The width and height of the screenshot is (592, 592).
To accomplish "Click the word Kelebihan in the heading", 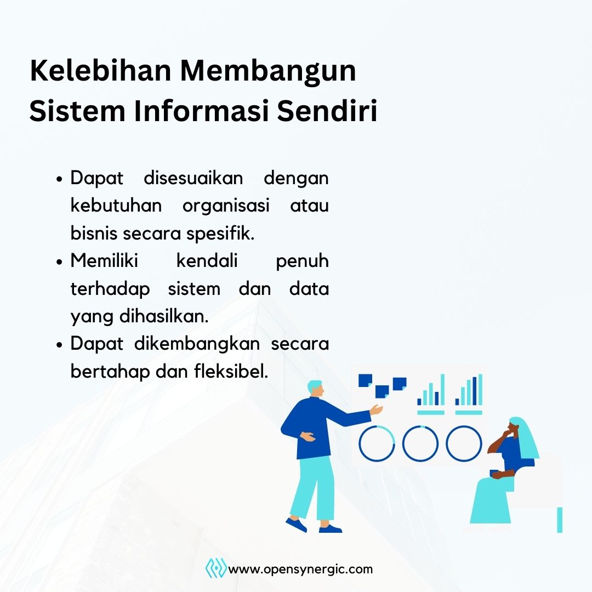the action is point(100,71).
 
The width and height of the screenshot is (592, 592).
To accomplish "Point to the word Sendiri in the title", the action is point(327,111).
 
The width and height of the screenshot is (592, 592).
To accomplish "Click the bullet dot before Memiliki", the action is point(59,261).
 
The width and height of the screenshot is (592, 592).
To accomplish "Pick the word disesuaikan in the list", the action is point(193,178).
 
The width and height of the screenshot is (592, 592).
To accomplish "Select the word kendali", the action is point(207,261).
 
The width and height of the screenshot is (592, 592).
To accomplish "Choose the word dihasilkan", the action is point(164,316).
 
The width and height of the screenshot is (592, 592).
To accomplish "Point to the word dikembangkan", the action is point(197,344).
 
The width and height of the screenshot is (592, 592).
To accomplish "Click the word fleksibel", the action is point(231,372).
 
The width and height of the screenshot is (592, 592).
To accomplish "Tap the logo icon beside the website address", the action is point(216,568).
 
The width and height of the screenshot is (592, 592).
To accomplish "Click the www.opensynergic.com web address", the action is point(300,570).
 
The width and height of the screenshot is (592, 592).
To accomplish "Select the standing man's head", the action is point(316,389).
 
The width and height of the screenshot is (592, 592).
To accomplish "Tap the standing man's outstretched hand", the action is point(377,409).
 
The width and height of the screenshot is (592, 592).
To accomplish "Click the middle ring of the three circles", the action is point(420,426).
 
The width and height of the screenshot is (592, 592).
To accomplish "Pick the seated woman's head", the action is point(515,428).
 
